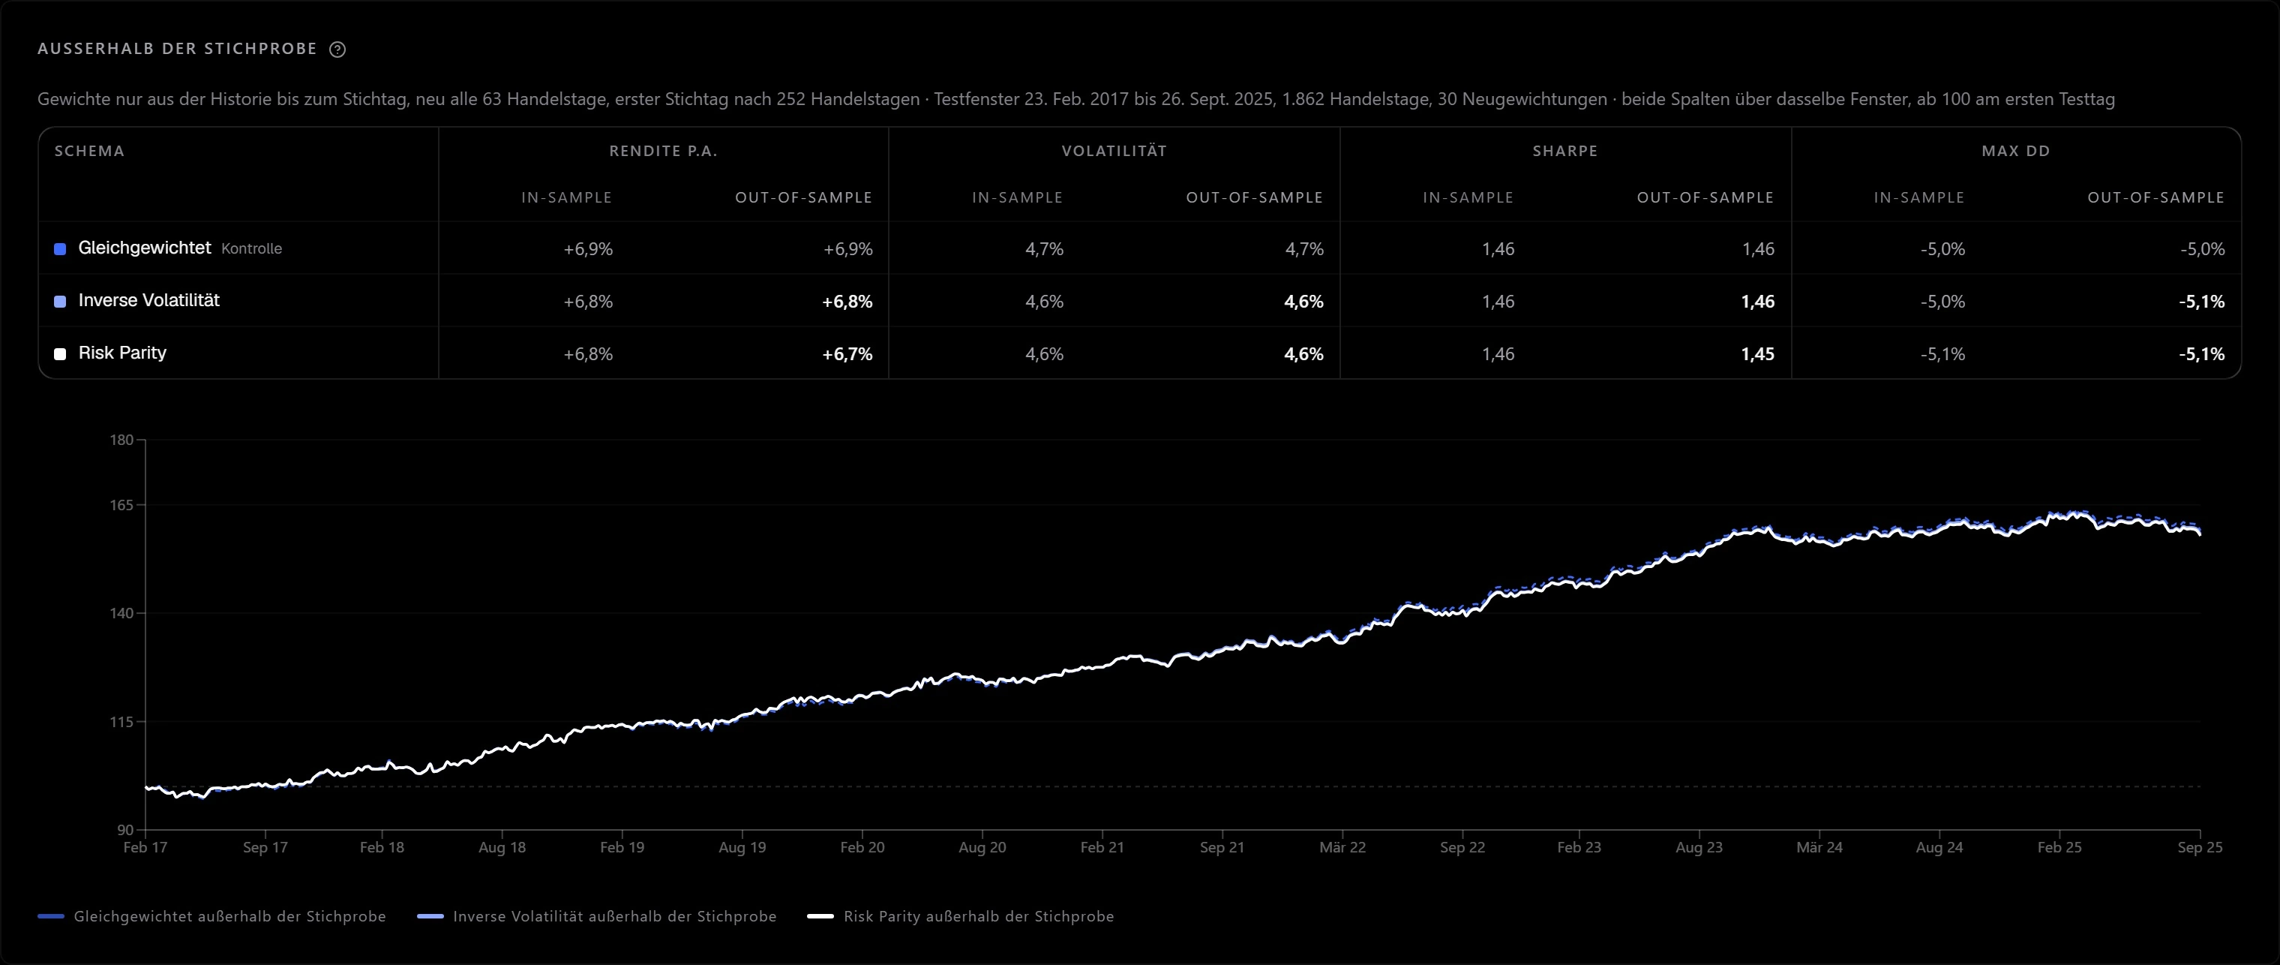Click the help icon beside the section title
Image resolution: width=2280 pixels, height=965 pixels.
tap(337, 50)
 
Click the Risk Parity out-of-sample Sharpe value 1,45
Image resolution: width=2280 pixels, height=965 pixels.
tap(1757, 354)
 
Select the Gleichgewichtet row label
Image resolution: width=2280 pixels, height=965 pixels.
tap(144, 248)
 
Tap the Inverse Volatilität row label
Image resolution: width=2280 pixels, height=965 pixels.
tap(148, 300)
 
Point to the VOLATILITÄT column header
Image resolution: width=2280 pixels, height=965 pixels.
tap(1114, 152)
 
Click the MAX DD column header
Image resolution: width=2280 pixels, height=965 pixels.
tap(2015, 152)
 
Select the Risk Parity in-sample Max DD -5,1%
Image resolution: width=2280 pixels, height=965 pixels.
tap(1942, 354)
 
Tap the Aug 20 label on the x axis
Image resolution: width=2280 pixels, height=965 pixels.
tap(982, 847)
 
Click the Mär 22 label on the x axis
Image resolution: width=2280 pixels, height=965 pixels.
tap(1342, 847)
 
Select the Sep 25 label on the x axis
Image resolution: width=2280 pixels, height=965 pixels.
tap(2200, 847)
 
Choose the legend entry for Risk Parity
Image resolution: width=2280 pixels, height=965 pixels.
tap(960, 916)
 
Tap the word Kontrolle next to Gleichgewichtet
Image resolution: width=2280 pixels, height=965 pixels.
tap(251, 249)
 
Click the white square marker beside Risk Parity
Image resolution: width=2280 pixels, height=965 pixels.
tap(60, 354)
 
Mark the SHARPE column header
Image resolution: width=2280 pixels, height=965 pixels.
tap(1564, 152)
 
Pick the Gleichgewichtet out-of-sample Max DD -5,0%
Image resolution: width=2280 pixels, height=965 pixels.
tap(2202, 249)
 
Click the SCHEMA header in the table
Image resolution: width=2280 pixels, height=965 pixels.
tap(89, 152)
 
